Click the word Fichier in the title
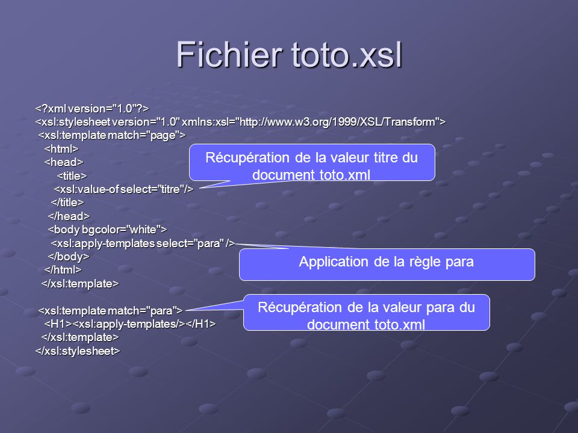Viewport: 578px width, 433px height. (x=229, y=54)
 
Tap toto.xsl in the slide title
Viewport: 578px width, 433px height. (x=347, y=55)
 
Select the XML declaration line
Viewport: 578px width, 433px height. (x=92, y=109)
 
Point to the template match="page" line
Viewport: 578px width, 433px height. (x=112, y=135)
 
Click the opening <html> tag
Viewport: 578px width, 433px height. (x=61, y=149)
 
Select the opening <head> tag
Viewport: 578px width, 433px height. (x=64, y=162)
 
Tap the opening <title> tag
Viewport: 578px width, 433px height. (x=72, y=176)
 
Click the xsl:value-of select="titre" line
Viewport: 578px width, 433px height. (x=123, y=189)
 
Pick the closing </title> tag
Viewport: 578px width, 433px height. (x=67, y=203)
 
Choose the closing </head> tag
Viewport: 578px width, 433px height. (x=69, y=216)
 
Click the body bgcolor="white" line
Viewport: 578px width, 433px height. (x=107, y=230)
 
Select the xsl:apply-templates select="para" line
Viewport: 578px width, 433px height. (x=143, y=244)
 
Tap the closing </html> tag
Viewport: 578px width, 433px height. (x=63, y=270)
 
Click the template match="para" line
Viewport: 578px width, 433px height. (x=111, y=311)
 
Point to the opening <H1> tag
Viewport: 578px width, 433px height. (x=58, y=324)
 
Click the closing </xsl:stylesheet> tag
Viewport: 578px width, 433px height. (x=78, y=351)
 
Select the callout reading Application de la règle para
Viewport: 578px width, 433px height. (x=387, y=265)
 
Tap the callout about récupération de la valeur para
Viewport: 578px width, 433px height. (x=367, y=312)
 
